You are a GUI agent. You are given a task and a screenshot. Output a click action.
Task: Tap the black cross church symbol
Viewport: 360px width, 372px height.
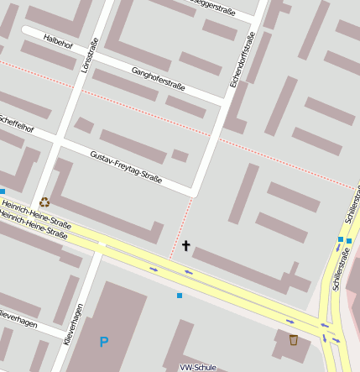coord(185,246)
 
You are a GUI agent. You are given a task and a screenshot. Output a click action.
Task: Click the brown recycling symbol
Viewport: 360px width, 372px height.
coord(44,202)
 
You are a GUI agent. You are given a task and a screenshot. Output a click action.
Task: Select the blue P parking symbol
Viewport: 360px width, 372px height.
coord(103,342)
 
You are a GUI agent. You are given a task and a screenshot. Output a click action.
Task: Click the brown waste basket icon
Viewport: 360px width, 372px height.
coord(293,339)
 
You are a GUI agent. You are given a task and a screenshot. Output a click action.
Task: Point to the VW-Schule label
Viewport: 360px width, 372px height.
coord(198,367)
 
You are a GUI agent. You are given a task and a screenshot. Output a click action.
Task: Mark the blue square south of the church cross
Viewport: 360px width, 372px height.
coord(179,296)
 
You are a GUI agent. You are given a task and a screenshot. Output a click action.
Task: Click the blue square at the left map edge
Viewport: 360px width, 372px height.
coord(3,191)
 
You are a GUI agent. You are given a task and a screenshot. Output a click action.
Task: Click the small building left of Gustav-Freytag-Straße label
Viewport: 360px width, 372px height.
coord(84,125)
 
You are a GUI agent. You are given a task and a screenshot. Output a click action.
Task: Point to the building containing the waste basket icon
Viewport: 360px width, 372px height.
coord(290,344)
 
